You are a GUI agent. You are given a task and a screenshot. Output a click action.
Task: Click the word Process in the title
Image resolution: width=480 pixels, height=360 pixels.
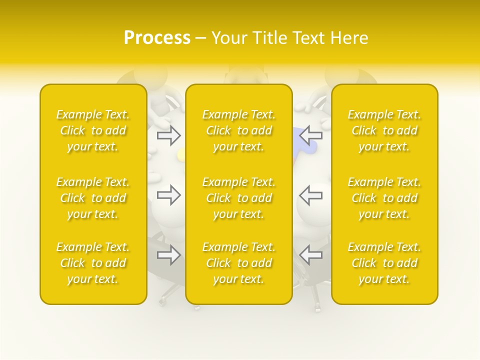tap(157, 38)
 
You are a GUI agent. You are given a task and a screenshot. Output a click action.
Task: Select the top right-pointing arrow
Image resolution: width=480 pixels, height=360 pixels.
tap(168, 134)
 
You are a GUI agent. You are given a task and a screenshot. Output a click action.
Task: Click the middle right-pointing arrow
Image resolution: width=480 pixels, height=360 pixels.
tap(168, 195)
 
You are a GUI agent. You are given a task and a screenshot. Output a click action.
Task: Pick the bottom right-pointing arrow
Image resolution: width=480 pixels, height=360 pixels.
tap(168, 255)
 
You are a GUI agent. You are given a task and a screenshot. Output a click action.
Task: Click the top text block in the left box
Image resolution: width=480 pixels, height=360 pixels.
tap(93, 130)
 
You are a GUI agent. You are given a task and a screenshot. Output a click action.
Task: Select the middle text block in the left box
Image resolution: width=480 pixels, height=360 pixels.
tap(93, 198)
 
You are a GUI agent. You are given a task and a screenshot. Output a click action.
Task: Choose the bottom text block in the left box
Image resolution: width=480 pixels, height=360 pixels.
tap(93, 263)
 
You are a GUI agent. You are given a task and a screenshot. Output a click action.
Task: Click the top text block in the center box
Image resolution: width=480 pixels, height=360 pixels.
tap(239, 130)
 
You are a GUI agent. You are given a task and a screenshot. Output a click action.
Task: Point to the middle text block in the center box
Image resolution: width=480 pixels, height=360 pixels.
tap(239, 198)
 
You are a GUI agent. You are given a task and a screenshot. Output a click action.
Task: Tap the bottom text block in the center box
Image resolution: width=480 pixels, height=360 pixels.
tap(239, 263)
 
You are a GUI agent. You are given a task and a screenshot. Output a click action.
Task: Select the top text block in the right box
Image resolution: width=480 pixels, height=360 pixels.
tap(384, 130)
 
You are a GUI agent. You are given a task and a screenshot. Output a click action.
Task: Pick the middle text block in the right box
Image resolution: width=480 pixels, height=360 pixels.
tap(384, 198)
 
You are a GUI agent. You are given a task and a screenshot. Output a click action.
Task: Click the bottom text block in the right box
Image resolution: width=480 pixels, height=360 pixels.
tap(384, 263)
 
